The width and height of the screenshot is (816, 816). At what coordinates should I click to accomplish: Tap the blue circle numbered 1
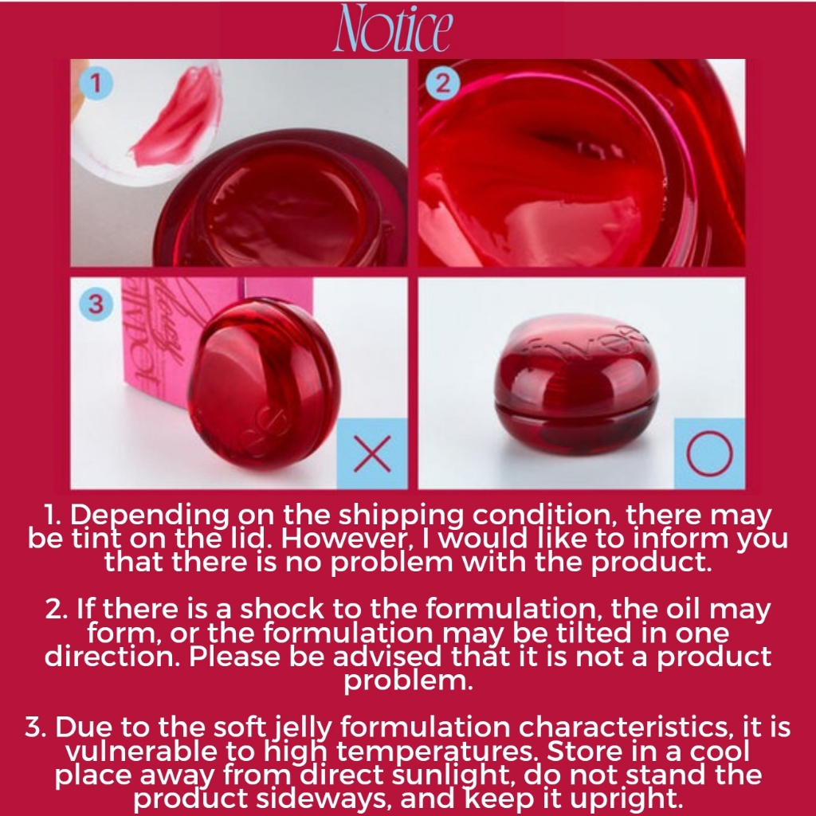point(96,83)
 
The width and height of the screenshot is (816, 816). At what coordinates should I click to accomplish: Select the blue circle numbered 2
point(442,83)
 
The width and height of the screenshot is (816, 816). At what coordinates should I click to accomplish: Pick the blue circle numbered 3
point(96,304)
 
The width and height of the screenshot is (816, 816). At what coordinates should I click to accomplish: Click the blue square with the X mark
point(372,453)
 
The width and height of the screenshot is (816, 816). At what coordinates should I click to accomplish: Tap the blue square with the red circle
point(710,453)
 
